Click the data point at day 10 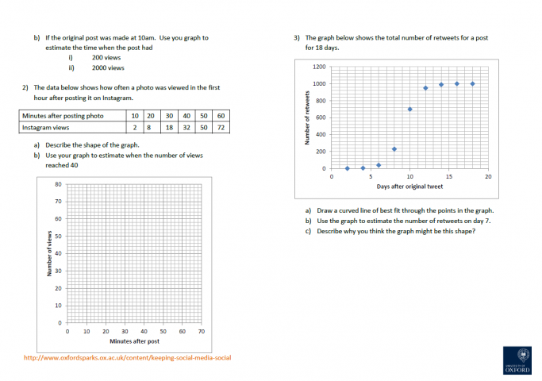(409, 110)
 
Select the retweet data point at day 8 (394, 149)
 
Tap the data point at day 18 (472, 83)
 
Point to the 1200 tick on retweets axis (320, 67)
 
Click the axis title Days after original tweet (409, 187)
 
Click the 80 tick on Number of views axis (58, 184)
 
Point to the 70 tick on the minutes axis (202, 331)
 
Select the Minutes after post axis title (134, 341)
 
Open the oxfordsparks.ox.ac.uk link (127, 358)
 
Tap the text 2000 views (109, 68)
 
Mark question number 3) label (296, 37)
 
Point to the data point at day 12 (425, 88)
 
